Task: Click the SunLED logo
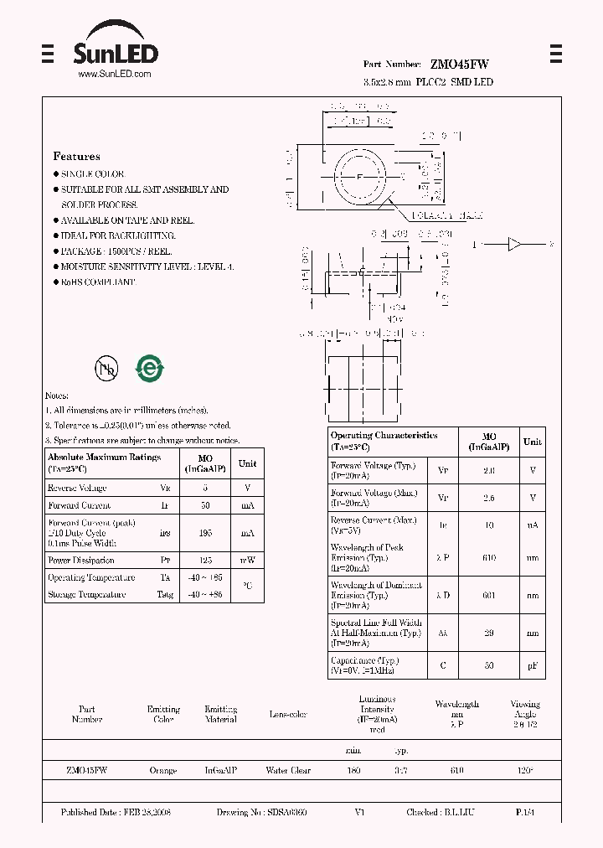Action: coord(115,49)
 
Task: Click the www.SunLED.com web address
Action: coord(114,75)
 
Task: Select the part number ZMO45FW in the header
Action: coord(460,65)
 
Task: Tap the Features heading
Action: coord(76,157)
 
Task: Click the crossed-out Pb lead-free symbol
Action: coord(106,368)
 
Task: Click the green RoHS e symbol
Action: coord(150,368)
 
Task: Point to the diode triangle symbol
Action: coord(514,245)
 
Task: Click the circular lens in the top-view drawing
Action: coord(360,177)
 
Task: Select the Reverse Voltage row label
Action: coord(77,488)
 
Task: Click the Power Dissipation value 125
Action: coord(205,560)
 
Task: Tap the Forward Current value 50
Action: coord(205,505)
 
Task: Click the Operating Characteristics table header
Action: coord(384,441)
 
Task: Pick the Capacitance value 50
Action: coord(489,665)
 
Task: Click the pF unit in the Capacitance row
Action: coord(532,665)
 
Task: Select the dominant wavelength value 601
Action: coord(489,595)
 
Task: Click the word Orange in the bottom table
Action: coord(162,770)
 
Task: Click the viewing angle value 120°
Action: coord(524,770)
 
